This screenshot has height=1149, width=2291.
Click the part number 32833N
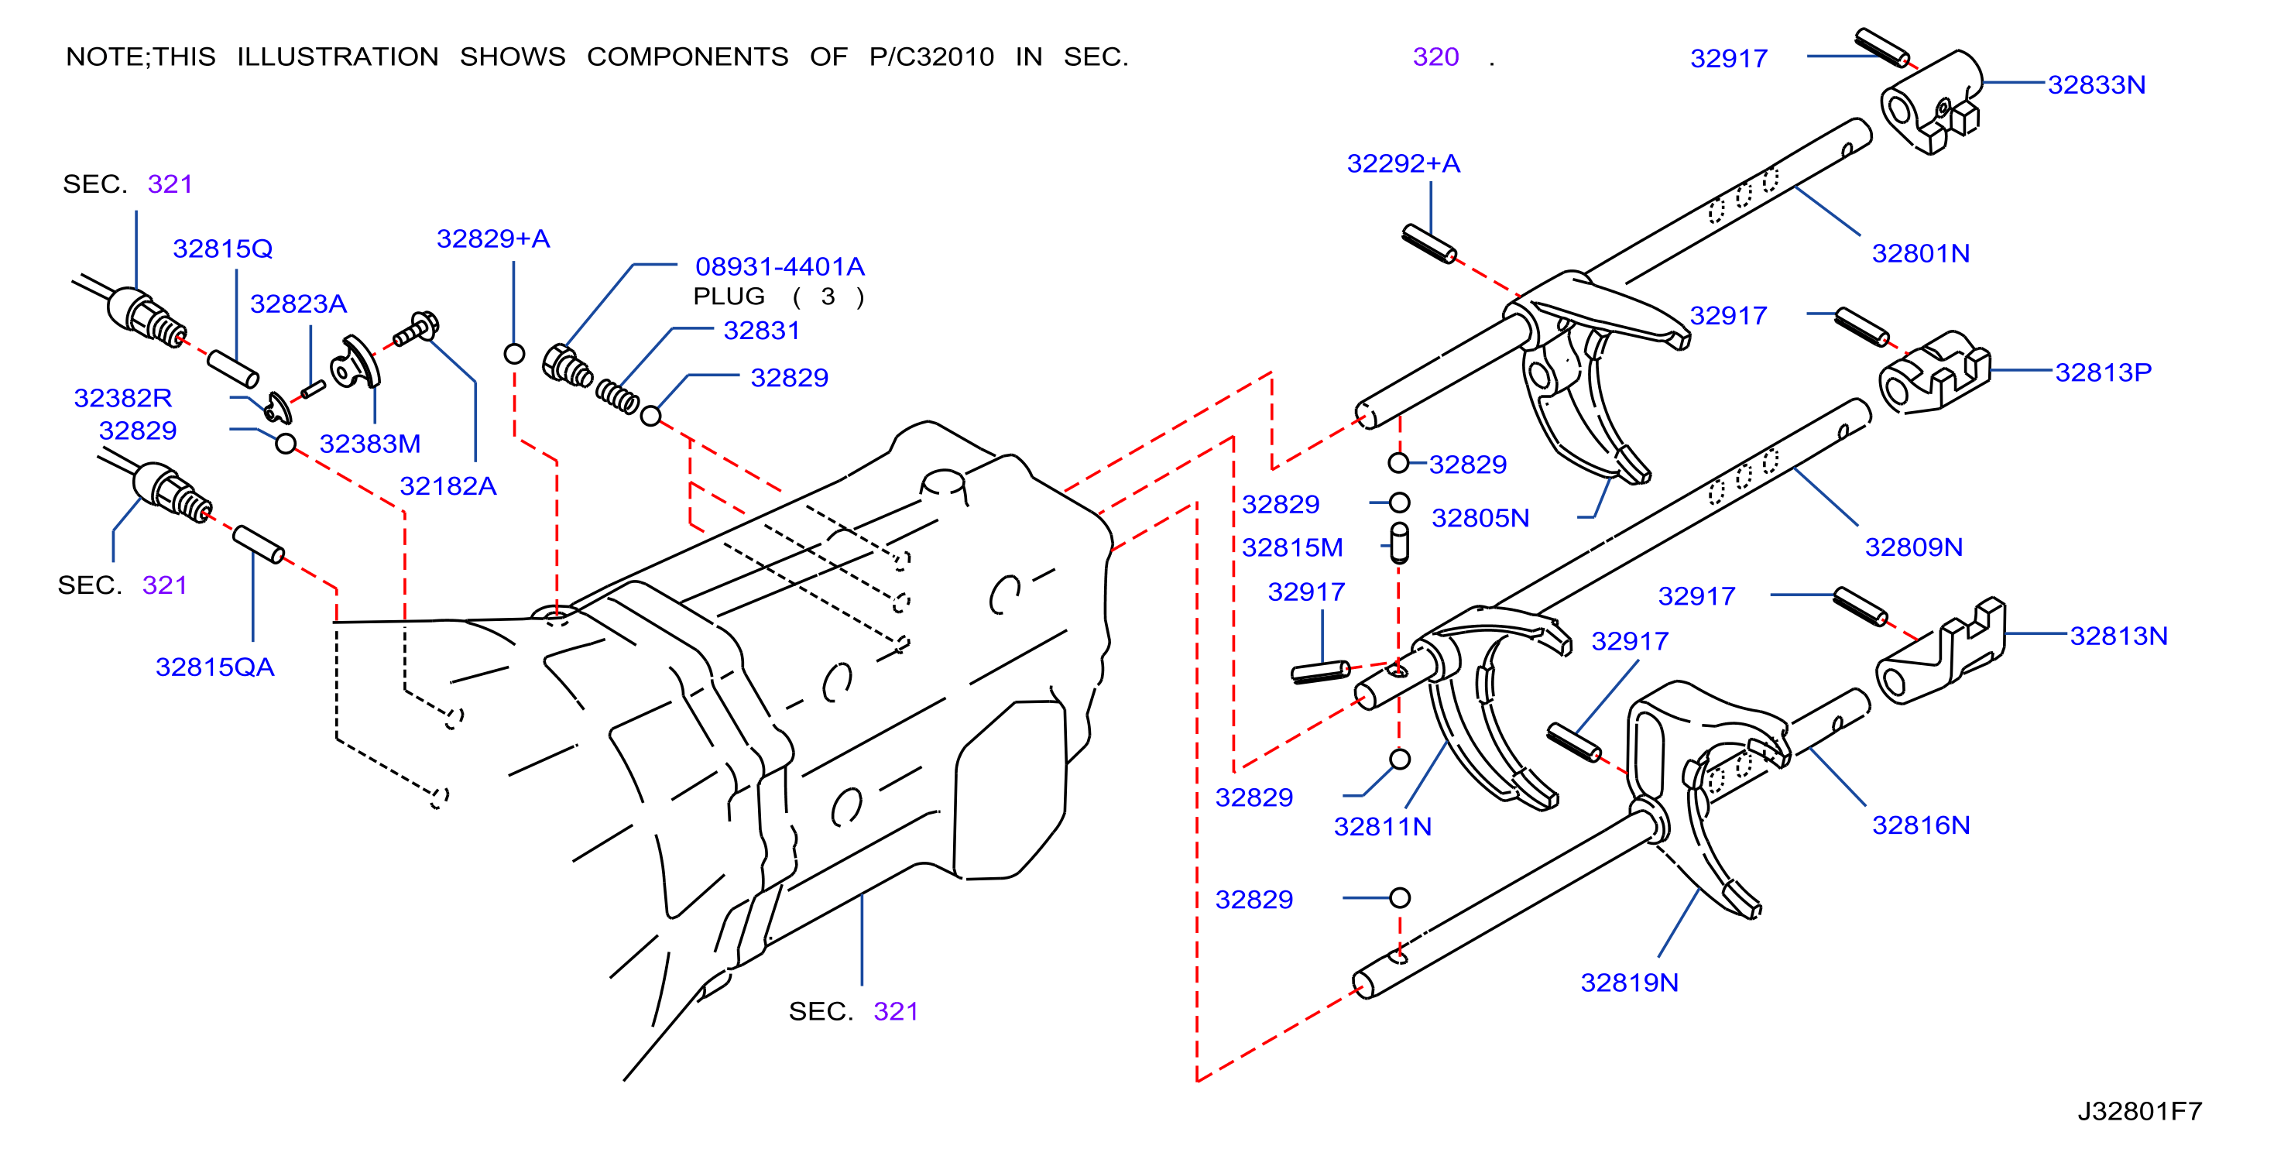click(2096, 84)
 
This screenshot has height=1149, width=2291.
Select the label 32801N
click(1921, 253)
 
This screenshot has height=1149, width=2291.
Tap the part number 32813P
click(2104, 372)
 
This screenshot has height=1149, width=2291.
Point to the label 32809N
click(1914, 547)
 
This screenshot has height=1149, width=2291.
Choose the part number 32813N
click(2118, 636)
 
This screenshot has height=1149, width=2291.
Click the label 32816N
click(1921, 825)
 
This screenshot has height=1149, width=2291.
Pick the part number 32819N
click(1629, 983)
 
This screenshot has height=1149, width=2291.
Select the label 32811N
click(1383, 827)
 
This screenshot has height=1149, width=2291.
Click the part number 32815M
click(1292, 548)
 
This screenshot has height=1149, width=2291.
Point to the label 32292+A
click(1404, 163)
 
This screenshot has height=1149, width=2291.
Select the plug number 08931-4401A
click(780, 267)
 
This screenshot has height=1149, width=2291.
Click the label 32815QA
click(215, 667)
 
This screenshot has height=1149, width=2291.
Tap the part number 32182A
click(448, 486)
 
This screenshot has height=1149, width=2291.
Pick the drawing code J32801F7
click(2140, 1112)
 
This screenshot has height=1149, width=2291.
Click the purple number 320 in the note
click(1435, 57)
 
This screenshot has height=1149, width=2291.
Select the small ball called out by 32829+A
click(514, 354)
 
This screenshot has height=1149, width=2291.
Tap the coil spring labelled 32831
click(617, 396)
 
